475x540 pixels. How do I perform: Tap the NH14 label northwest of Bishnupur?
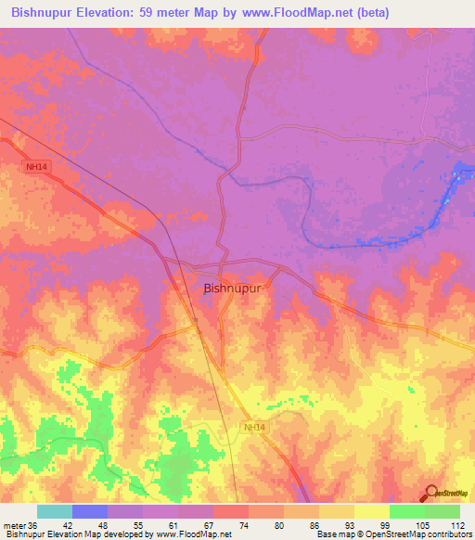(34, 167)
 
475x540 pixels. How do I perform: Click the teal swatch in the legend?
(55, 511)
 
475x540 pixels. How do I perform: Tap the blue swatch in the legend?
(90, 511)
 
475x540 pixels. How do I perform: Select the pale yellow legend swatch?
(372, 511)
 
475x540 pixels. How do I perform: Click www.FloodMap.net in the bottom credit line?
(196, 535)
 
